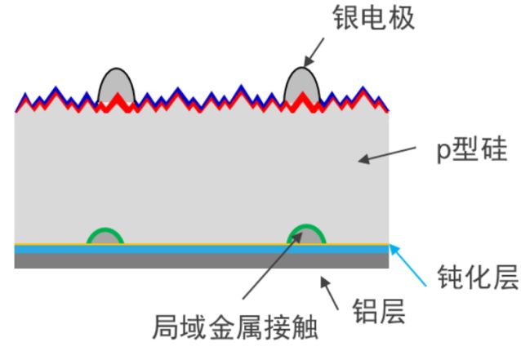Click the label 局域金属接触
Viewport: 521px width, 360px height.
coord(236,327)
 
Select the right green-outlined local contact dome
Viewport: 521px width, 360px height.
coord(306,236)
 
